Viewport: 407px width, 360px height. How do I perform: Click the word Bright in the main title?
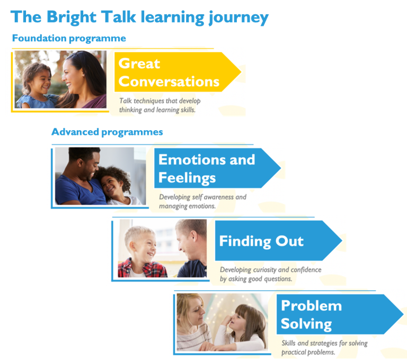[x=72, y=17]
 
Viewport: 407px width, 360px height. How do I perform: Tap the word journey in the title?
[x=239, y=17]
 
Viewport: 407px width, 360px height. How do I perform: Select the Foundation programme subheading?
[x=69, y=38]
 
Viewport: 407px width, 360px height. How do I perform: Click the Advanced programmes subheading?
[x=107, y=132]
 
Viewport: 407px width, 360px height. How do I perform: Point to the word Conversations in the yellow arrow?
[x=169, y=82]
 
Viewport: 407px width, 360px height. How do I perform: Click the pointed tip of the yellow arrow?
[x=241, y=72]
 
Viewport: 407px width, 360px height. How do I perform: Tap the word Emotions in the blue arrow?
[x=192, y=159]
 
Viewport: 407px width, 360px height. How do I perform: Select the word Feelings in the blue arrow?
[x=187, y=178]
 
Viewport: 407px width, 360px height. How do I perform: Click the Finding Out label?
[x=261, y=241]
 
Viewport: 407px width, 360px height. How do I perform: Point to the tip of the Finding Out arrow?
[x=342, y=241]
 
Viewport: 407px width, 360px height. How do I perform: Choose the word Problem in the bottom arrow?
[x=312, y=305]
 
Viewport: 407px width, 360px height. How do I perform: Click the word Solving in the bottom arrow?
[x=306, y=324]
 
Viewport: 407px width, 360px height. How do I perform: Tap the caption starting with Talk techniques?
[x=160, y=105]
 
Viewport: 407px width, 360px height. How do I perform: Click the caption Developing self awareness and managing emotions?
[x=203, y=202]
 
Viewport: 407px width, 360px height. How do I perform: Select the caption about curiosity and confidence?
[x=270, y=274]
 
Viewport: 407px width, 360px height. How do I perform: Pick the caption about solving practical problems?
[x=324, y=347]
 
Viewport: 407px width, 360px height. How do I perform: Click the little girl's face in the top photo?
[x=41, y=81]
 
